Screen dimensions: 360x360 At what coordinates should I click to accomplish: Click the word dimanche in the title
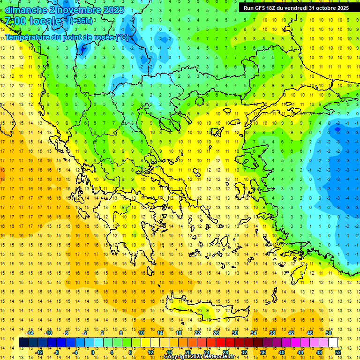pyautogui.click(x=26, y=10)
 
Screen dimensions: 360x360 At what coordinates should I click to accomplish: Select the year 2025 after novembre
pyautogui.click(x=113, y=10)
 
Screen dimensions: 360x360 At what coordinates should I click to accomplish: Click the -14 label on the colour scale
pyautogui.click(x=30, y=333)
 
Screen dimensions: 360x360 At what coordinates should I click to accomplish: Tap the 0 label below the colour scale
pyautogui.click(x=92, y=352)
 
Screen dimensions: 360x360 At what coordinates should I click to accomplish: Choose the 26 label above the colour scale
pyautogui.click(x=216, y=333)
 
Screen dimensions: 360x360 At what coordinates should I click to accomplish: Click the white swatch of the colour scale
pyautogui.click(x=333, y=342)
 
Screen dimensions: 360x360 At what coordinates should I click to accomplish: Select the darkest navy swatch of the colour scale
pyautogui.click(x=23, y=342)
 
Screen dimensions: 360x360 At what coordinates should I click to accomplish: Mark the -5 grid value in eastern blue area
pyautogui.click(x=337, y=132)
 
